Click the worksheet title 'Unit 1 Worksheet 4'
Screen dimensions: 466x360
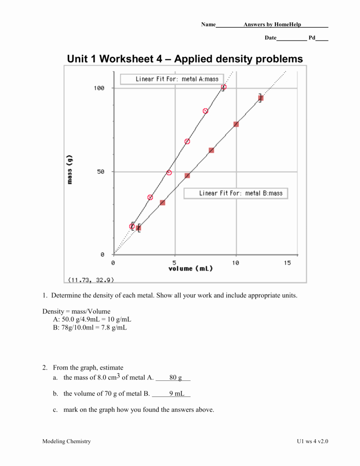184,59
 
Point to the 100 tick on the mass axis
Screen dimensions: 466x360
99,88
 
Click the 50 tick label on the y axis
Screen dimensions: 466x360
101,172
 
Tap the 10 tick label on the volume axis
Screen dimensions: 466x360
235,263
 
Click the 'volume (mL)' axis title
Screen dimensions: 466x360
191,268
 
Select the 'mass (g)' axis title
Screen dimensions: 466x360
70,169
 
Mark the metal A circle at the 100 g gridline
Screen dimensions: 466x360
223,87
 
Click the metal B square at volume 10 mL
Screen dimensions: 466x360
236,124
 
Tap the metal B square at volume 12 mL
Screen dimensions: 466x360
260,98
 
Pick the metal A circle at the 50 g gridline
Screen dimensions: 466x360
169,172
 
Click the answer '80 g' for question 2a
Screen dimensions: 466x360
175,377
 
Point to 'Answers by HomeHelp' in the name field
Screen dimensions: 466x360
272,24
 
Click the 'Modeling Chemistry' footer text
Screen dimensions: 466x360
66,441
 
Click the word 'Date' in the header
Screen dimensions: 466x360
270,38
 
